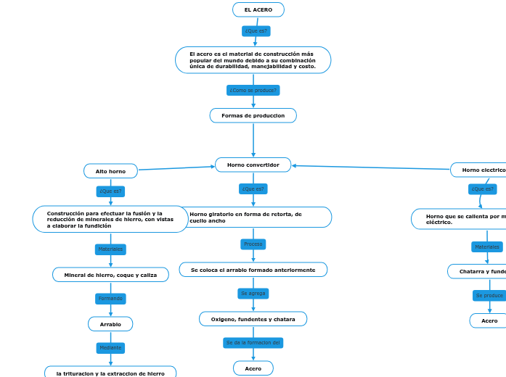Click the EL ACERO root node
(x=258, y=9)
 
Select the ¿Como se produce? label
(x=253, y=91)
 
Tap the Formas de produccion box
(x=253, y=116)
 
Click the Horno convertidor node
(x=253, y=165)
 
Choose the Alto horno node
(x=110, y=171)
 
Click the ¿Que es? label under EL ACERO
(x=256, y=31)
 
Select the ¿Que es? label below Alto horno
(x=110, y=191)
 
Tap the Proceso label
(x=253, y=244)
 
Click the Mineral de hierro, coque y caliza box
(x=110, y=275)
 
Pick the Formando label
(x=110, y=299)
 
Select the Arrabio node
(x=110, y=324)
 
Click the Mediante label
(x=110, y=348)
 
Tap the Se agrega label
(x=253, y=294)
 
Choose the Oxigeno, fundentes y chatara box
(x=253, y=319)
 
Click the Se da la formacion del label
(x=253, y=343)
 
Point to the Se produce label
(x=489, y=296)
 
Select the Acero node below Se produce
(x=489, y=320)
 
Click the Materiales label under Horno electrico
(x=487, y=247)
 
